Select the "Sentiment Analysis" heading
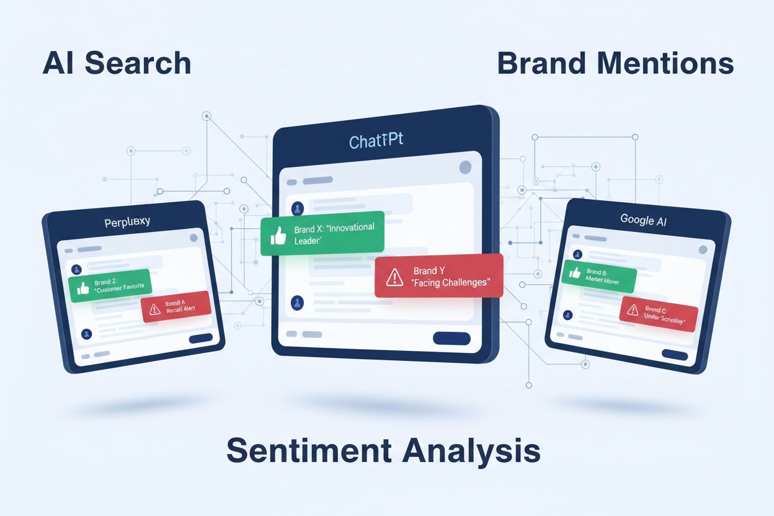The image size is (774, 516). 383,450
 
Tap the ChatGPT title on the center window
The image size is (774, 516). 376,141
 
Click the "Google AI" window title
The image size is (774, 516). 643,220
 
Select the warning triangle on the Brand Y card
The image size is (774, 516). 394,277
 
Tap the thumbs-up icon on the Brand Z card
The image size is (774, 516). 82,288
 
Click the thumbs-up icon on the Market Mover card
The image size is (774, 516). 574,273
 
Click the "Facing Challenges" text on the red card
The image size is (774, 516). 450,282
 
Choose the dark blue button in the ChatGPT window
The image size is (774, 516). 451,338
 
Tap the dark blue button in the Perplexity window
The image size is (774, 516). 200,338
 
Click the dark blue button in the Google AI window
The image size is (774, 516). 675,355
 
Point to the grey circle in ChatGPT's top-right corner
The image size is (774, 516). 465,167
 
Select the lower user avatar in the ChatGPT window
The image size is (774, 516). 298,303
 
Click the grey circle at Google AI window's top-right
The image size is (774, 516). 703,249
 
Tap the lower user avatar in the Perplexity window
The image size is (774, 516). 86,334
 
